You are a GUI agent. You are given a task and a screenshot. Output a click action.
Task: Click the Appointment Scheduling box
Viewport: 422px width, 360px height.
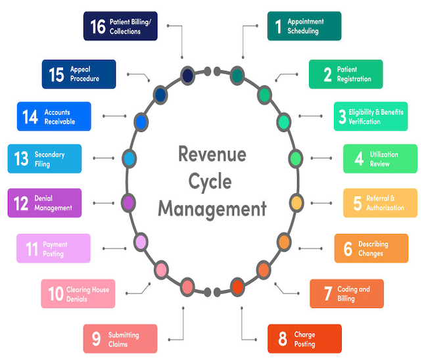(304, 26)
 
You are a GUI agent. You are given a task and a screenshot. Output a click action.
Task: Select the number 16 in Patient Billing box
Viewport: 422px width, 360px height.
(98, 26)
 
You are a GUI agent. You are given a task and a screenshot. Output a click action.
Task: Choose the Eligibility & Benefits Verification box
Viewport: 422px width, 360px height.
(370, 117)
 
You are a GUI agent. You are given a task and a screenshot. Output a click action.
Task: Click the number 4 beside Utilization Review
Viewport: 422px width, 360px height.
(359, 159)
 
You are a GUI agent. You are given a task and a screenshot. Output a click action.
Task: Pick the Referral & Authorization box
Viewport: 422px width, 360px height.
(380, 203)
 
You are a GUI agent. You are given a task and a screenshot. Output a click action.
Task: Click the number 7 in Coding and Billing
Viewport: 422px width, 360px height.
(327, 294)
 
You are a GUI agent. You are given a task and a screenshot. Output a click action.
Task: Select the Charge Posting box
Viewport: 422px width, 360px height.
(304, 339)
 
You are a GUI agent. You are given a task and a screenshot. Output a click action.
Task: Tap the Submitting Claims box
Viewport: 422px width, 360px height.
(120, 339)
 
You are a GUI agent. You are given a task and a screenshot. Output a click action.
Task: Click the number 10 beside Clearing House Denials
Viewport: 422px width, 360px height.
(55, 294)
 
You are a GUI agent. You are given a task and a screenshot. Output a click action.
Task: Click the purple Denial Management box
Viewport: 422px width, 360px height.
(44, 203)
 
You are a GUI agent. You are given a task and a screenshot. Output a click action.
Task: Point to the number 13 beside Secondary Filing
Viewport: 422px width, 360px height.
(21, 159)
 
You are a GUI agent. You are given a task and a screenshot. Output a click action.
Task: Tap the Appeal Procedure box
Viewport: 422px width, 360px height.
(79, 74)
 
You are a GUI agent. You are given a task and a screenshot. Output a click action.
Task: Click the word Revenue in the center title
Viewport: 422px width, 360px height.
(212, 155)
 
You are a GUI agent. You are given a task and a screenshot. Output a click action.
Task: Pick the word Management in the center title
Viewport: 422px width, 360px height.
(212, 209)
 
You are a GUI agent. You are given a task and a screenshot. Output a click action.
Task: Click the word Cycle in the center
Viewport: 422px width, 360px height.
(212, 182)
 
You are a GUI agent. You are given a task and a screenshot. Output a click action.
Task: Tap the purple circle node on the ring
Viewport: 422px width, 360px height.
(129, 202)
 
